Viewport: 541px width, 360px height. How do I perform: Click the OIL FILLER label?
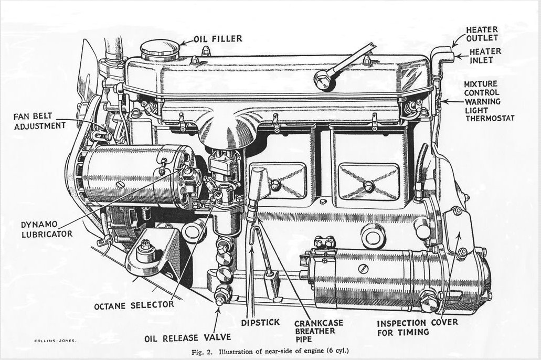218,38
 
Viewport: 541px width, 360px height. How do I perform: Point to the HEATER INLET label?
484,56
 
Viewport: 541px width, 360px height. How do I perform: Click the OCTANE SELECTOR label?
134,305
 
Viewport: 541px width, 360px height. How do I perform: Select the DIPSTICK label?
260,322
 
